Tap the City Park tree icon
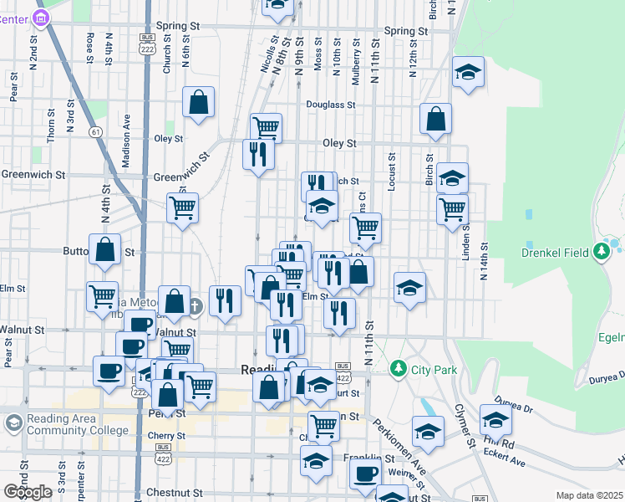click(399, 368)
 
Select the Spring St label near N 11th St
click(406, 32)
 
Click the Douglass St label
click(331, 105)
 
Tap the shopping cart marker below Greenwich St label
click(182, 208)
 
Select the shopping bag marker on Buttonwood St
click(104, 250)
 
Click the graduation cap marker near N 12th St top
click(469, 73)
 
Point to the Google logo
click(28, 492)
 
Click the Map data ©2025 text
click(589, 495)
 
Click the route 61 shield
click(97, 131)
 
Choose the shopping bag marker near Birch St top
click(435, 120)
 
